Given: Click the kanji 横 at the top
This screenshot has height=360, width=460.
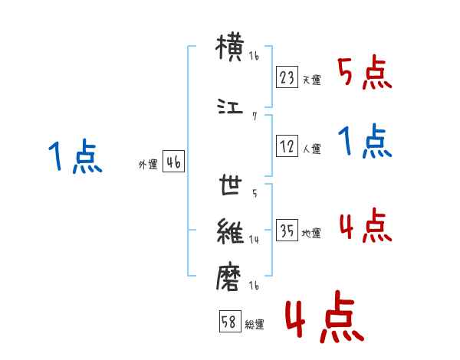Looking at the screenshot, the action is pyautogui.click(x=230, y=47).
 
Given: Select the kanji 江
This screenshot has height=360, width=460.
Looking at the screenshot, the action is pyautogui.click(x=230, y=106).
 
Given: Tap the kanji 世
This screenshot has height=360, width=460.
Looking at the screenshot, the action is pyautogui.click(x=231, y=185).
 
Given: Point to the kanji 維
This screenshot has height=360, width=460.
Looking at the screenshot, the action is pyautogui.click(x=230, y=231).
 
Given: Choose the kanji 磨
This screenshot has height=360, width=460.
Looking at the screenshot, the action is pyautogui.click(x=228, y=277).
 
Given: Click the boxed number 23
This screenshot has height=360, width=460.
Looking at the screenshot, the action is pyautogui.click(x=287, y=77).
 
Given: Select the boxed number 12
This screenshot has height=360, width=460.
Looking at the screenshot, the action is pyautogui.click(x=287, y=146).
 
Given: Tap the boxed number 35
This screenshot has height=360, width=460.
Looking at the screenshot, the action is pyautogui.click(x=287, y=230).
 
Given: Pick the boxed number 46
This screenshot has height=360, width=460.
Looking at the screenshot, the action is pyautogui.click(x=173, y=162).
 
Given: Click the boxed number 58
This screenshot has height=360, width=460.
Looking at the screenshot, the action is pyautogui.click(x=230, y=321).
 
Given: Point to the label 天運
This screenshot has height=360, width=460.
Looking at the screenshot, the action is pyautogui.click(x=311, y=80).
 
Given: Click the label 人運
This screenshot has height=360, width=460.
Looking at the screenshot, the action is pyautogui.click(x=312, y=149).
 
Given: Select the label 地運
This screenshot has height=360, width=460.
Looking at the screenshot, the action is pyautogui.click(x=311, y=233).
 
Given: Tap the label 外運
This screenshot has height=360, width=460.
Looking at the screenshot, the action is pyautogui.click(x=148, y=165).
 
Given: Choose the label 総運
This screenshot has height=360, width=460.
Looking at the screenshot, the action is pyautogui.click(x=255, y=325).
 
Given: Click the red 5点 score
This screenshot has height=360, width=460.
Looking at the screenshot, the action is pyautogui.click(x=365, y=72).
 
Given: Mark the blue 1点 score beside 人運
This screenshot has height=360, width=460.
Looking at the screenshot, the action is pyautogui.click(x=365, y=141).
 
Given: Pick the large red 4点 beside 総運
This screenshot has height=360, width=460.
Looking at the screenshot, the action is pyautogui.click(x=325, y=316).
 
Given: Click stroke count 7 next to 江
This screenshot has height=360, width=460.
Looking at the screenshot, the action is pyautogui.click(x=255, y=116).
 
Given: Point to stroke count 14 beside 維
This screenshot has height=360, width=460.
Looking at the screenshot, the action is pyautogui.click(x=254, y=240).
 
